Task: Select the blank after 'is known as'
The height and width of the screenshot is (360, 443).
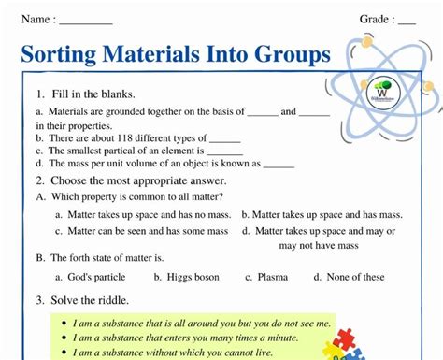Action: click(279, 164)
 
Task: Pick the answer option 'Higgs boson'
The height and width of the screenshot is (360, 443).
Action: click(193, 277)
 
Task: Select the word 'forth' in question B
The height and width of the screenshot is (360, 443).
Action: click(80, 257)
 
